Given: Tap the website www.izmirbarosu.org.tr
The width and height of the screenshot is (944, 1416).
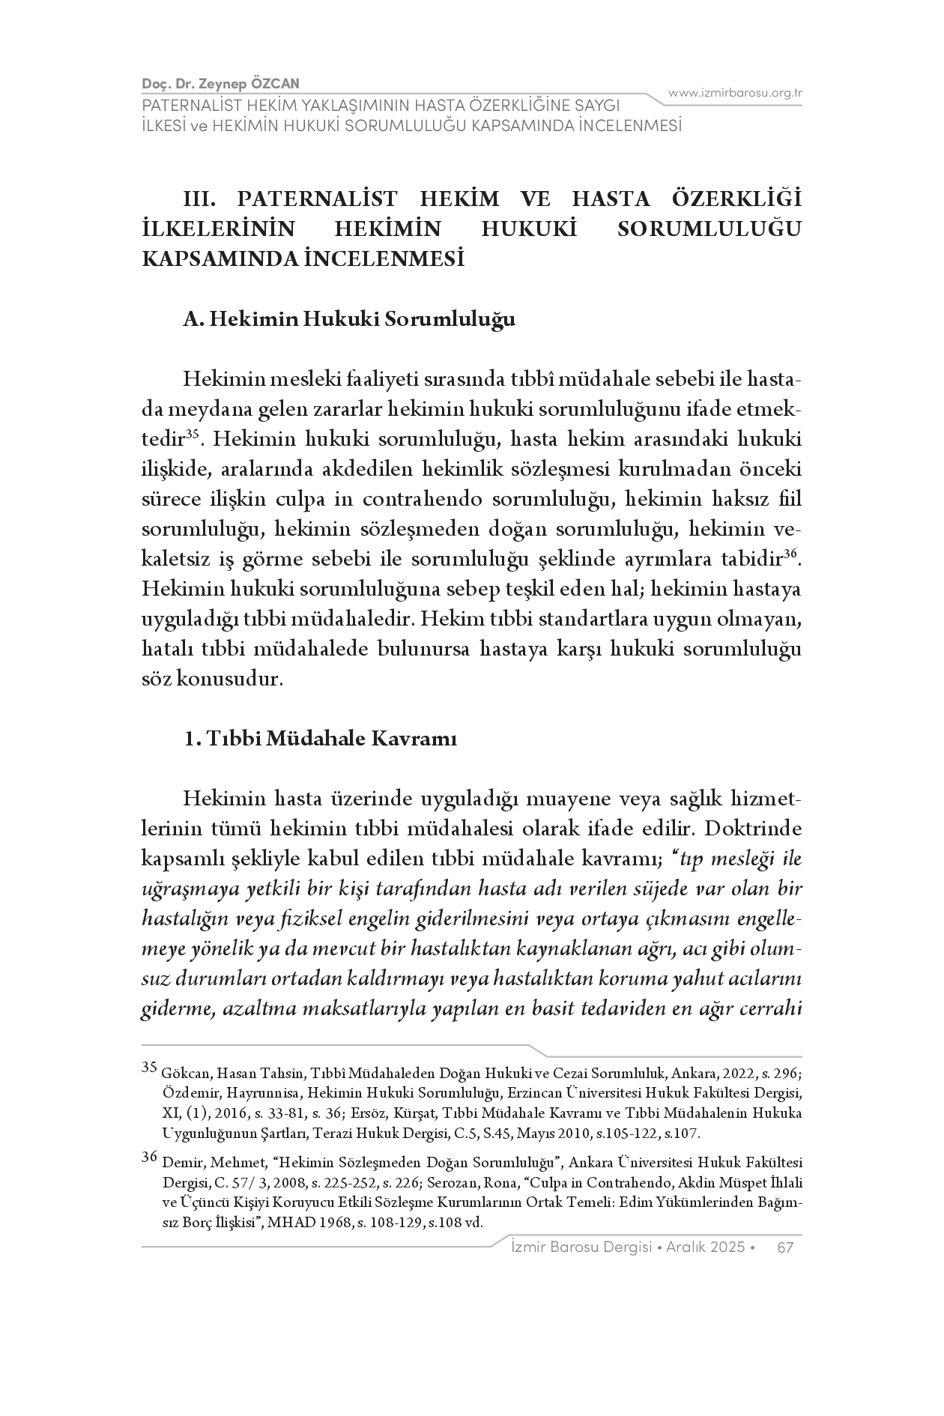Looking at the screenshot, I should click(x=735, y=93).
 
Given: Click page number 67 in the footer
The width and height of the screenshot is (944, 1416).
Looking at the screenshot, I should click(x=785, y=1247).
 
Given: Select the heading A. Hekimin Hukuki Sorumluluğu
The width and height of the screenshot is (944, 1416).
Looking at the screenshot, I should click(x=349, y=319).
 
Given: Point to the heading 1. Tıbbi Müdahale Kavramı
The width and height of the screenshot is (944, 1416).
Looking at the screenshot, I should click(x=321, y=739).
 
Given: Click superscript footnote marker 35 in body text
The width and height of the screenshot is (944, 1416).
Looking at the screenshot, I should click(x=192, y=433).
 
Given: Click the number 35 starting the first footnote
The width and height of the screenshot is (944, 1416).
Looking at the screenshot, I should click(x=148, y=1067).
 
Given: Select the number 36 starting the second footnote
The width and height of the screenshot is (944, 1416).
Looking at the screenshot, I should click(x=148, y=1157).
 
